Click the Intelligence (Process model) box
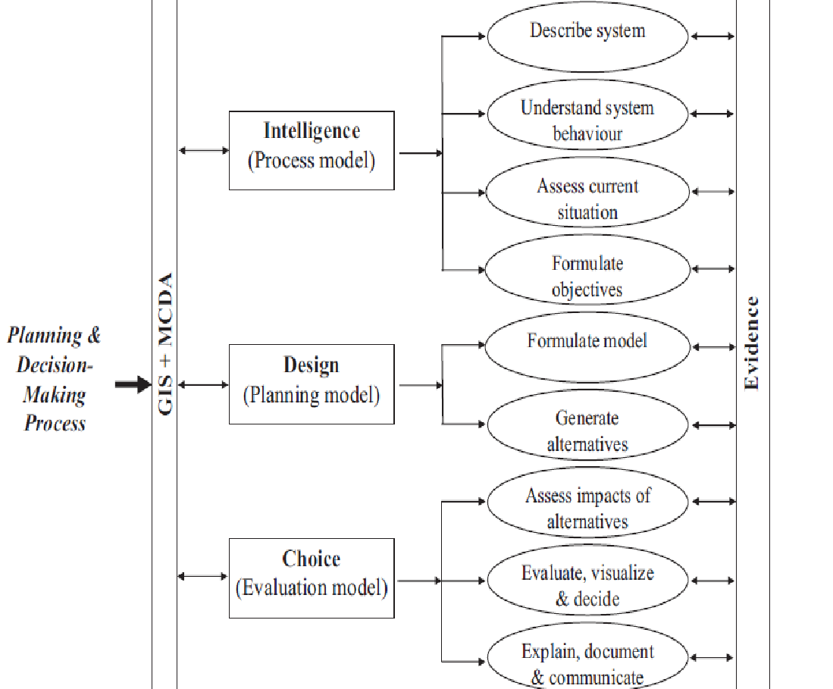[312, 150]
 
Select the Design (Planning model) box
[312, 384]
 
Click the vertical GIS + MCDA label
[165, 343]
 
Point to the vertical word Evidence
[751, 343]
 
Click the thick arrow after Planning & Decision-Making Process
[133, 385]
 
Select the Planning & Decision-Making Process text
[55, 379]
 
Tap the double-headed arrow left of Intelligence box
[204, 151]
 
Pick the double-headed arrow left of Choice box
[204, 577]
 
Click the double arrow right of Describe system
[712, 36]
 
